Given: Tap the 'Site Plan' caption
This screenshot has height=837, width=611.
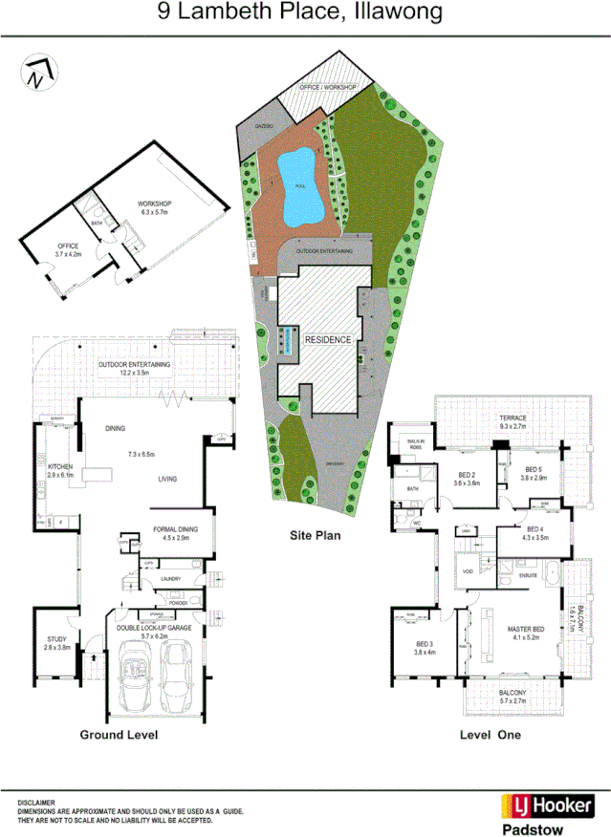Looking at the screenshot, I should (315, 536).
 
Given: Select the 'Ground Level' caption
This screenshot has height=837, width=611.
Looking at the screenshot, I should (118, 736).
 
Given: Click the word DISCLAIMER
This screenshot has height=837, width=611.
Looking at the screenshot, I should (35, 804).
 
